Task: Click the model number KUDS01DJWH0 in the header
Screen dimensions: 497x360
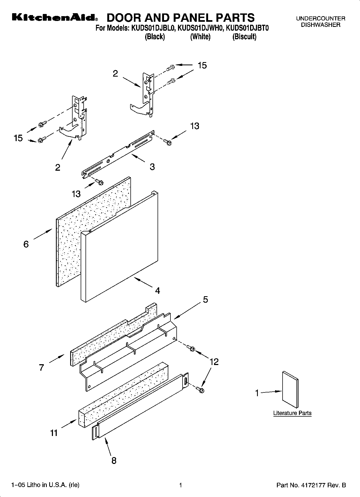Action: [200, 28]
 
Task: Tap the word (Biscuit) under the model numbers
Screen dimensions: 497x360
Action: [244, 37]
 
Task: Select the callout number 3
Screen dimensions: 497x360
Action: [152, 167]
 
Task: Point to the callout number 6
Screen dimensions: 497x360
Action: [26, 244]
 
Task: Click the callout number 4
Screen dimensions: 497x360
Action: [158, 291]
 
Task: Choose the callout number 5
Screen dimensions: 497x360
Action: [205, 299]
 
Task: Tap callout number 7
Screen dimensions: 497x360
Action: [41, 367]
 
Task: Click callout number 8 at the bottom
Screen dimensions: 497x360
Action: [114, 460]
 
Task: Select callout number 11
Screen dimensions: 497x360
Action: [54, 433]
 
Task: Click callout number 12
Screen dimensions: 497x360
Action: [214, 362]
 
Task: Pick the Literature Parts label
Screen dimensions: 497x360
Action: [292, 413]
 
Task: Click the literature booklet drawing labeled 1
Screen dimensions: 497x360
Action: [290, 390]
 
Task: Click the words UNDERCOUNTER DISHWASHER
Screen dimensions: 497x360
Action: [320, 22]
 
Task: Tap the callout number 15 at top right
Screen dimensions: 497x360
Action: [202, 65]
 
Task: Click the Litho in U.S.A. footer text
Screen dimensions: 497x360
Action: [45, 485]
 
